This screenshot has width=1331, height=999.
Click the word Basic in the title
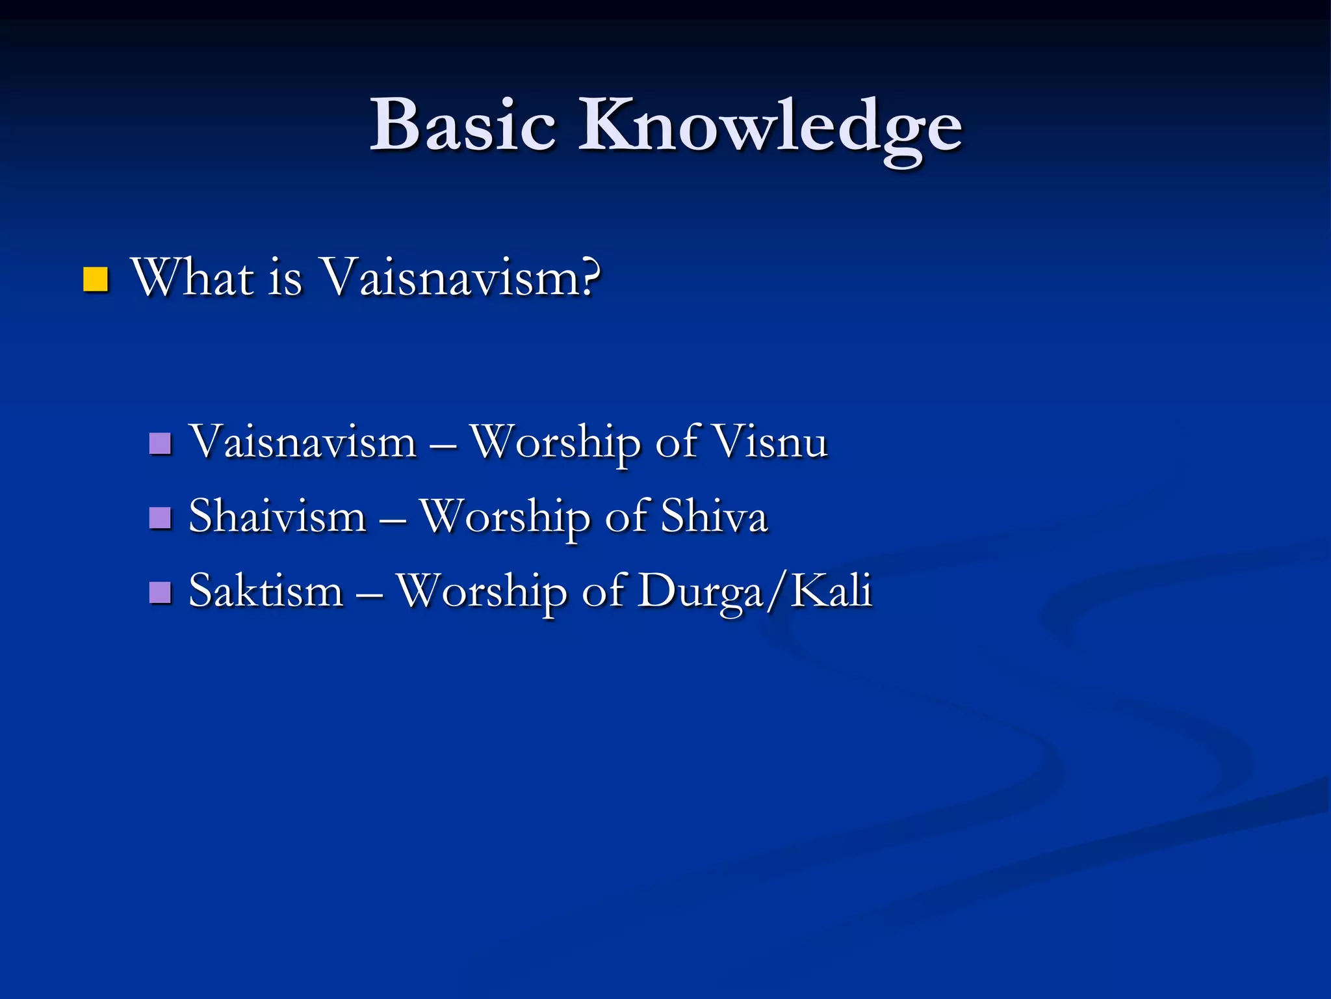463,125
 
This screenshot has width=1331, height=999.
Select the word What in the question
192,278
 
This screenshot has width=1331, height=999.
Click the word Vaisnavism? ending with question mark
461,278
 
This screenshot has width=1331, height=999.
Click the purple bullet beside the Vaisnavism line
160,444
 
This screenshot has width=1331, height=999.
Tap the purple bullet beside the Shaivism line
160,518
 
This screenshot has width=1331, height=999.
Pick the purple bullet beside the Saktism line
160,593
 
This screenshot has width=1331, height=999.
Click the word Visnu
770,442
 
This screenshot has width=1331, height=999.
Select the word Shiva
714,517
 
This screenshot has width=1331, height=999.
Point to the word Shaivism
278,517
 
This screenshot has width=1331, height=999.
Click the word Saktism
266,591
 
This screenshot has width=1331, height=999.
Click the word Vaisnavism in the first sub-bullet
302,442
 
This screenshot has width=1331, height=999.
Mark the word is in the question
285,278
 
